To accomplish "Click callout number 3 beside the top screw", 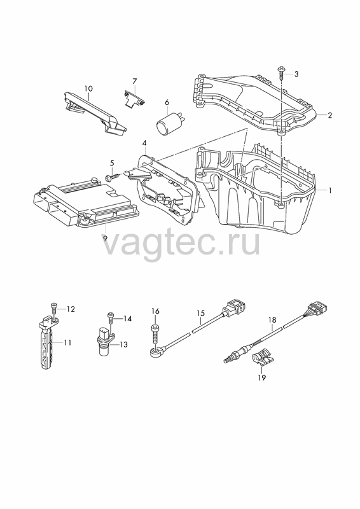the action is coord(296,74).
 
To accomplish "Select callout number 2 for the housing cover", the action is coord(330,115).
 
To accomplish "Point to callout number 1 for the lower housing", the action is coord(330,190).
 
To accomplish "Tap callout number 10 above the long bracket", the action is coord(88,88).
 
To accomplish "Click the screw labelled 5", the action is coord(112,177).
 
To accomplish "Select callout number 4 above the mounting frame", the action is coord(144,143).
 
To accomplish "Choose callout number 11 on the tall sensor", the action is coord(67,342).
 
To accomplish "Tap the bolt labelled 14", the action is coord(111,317).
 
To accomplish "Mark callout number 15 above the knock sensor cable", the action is coord(201,313).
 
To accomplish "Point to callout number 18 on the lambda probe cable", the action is coord(272,320).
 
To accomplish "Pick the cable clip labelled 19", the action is coord(263,359).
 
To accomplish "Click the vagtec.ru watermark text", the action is coord(181,242).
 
